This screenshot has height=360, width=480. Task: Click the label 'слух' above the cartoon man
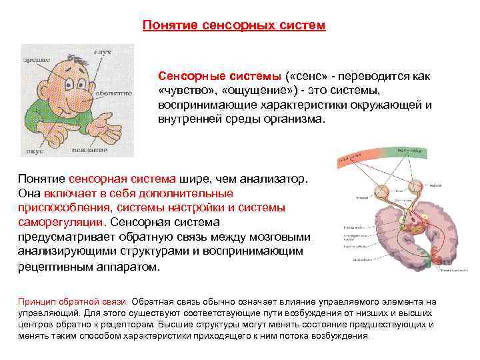(x=101, y=51)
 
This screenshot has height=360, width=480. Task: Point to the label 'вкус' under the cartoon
(x=35, y=151)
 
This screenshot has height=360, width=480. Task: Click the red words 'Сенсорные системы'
(x=201, y=77)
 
